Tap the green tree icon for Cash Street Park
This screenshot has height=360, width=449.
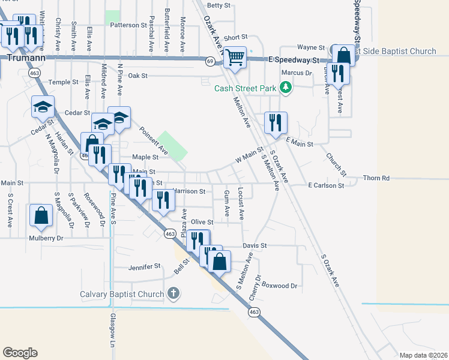click(286, 89)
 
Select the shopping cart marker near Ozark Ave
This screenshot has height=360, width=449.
click(236, 58)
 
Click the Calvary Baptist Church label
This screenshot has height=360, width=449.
click(122, 294)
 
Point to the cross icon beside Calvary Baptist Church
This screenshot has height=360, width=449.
click(173, 293)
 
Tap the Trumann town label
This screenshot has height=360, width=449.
click(22, 58)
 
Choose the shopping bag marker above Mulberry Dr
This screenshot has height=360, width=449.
click(40, 217)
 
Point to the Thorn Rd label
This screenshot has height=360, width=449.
click(377, 178)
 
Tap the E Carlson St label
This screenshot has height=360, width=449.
click(326, 186)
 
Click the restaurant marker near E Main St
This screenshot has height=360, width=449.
click(276, 123)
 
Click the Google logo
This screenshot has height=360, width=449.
click(20, 353)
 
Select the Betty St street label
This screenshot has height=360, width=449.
click(218, 5)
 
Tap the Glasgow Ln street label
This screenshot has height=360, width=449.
click(112, 331)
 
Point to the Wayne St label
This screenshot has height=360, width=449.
click(311, 47)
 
